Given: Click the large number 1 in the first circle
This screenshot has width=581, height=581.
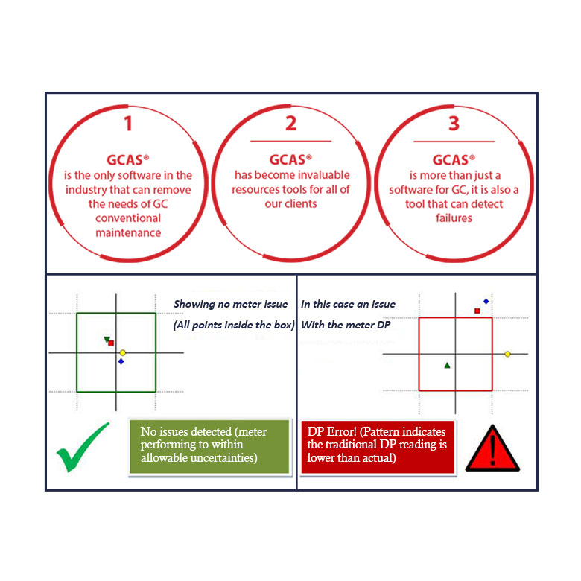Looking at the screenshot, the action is pos(128,124).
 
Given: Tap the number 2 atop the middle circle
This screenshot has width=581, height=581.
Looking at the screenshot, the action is pos(290,123).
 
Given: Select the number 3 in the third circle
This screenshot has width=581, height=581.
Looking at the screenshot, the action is pos(454,124).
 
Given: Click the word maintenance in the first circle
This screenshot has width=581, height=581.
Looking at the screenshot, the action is pos(128,232).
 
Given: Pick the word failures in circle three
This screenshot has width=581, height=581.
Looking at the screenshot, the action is pos(454,218).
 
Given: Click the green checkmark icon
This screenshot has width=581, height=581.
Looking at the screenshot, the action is pos(83,447).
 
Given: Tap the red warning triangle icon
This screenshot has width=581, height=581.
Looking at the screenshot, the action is pos(492,448).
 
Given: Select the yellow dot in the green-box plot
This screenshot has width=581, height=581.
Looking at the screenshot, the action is pos(123,353).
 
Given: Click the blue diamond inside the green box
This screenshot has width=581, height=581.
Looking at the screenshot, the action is pos(121,361).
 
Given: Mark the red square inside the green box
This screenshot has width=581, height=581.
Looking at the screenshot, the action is pos(111,343).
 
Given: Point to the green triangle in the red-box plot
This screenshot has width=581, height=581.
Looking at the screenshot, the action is pos(447,365).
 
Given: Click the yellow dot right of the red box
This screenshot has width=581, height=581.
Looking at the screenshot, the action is pos(508,355).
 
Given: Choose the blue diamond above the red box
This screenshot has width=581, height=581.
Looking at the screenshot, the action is pos(486,302).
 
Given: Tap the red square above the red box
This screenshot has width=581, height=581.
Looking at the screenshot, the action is pos(477,311).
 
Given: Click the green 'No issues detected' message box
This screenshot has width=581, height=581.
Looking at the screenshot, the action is pos(209,446).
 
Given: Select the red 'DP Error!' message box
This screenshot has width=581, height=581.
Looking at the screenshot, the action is pos(378,447).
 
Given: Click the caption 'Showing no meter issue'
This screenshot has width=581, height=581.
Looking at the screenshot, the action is pos(230,304).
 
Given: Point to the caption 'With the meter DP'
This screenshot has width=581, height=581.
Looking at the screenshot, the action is pos(346,325).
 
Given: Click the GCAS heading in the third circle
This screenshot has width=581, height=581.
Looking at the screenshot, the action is pos(454,160).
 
